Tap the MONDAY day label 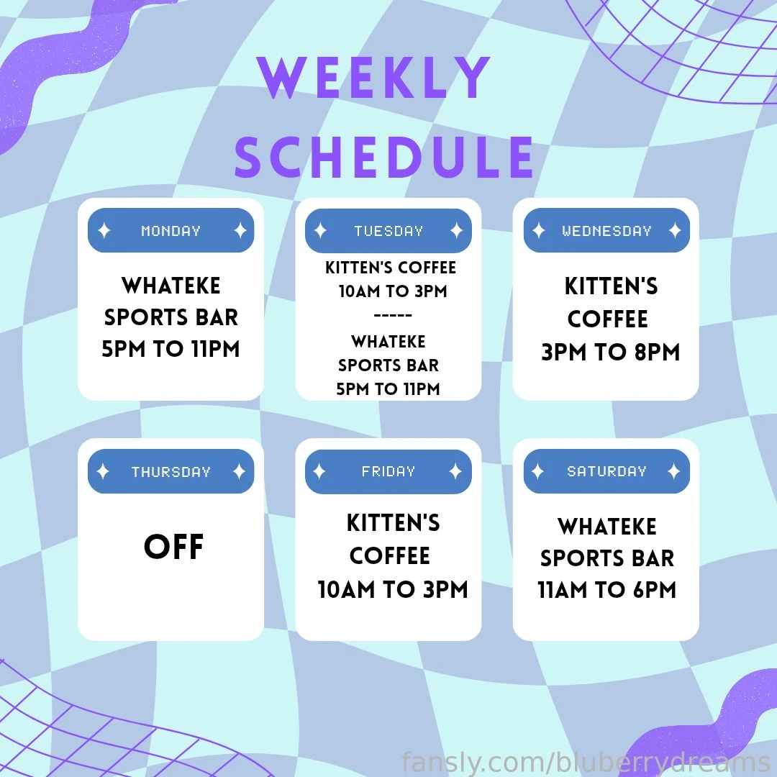[x=171, y=231]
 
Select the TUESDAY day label [x=388, y=231]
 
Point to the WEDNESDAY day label [x=606, y=231]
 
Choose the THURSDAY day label [x=171, y=472]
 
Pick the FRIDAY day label [x=388, y=472]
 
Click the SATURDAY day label [x=606, y=472]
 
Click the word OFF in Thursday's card [x=173, y=547]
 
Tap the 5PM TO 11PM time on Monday [x=171, y=350]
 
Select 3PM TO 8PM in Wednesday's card [x=610, y=353]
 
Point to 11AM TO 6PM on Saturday [x=607, y=591]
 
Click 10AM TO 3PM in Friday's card [x=393, y=590]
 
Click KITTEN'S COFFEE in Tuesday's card [x=391, y=268]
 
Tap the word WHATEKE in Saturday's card [x=607, y=527]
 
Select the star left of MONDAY [x=104, y=231]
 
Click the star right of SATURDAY [x=673, y=472]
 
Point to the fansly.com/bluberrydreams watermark [x=586, y=761]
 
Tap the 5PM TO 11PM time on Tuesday [x=388, y=389]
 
